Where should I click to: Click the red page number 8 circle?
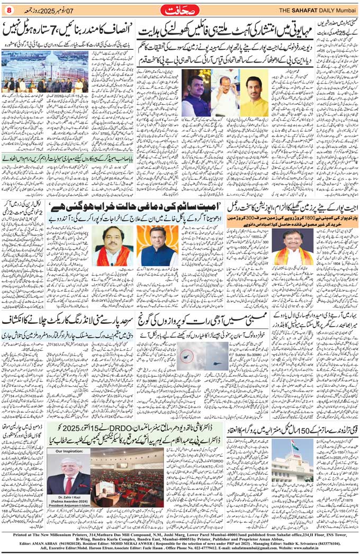click(8, 9)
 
